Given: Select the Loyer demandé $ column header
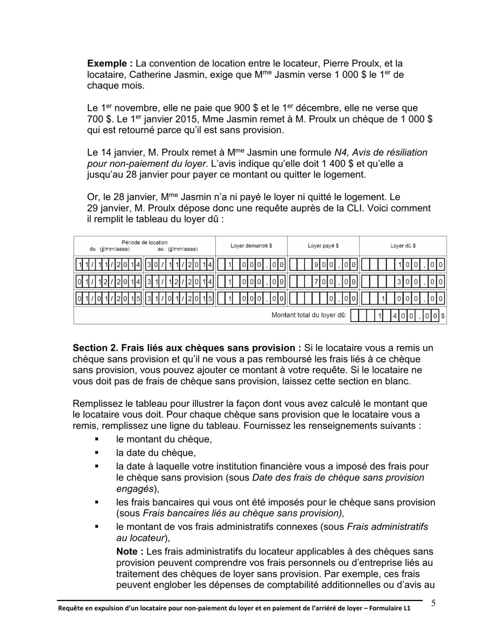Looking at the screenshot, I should click(x=251, y=246).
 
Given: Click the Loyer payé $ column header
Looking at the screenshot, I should click(x=323, y=246).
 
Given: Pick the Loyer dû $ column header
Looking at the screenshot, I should click(x=402, y=246).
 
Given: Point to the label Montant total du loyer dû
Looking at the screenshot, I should click(x=309, y=315).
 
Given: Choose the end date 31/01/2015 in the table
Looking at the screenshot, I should click(x=179, y=299).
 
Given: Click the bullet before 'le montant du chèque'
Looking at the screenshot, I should click(x=97, y=440).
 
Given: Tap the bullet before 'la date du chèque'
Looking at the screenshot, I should click(x=97, y=453).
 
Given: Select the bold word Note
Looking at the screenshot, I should click(x=128, y=552).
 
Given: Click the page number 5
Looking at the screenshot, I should click(x=433, y=603).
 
